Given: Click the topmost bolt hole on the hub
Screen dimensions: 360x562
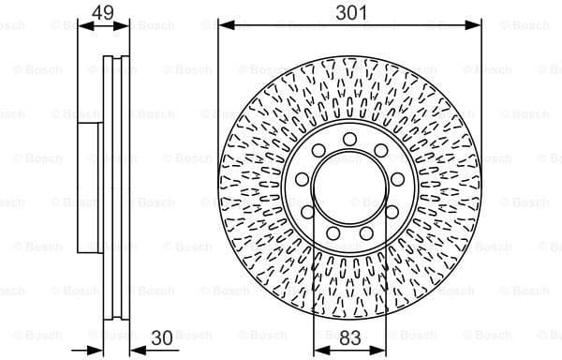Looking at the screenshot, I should click(x=348, y=140).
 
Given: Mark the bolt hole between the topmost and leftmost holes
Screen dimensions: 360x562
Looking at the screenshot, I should click(x=315, y=152).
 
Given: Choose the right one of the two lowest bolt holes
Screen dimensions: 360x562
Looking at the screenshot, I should click(x=367, y=233).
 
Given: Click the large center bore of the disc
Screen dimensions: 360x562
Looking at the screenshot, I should click(x=348, y=188).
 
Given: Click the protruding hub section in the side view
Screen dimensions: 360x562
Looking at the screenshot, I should click(x=91, y=187).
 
